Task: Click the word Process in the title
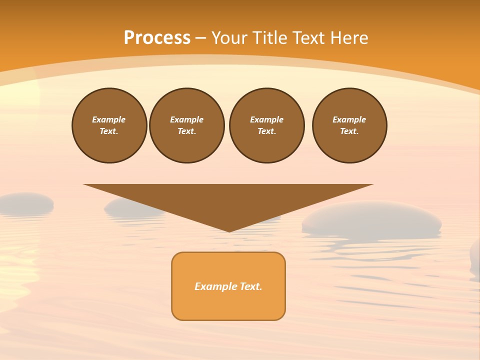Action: [x=157, y=37]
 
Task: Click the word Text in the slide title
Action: [x=311, y=37]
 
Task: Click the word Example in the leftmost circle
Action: [x=109, y=119]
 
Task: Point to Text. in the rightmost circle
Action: [x=349, y=131]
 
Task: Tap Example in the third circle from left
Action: [x=266, y=119]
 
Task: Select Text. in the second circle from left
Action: [x=187, y=131]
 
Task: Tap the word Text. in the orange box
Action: [x=251, y=286]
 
